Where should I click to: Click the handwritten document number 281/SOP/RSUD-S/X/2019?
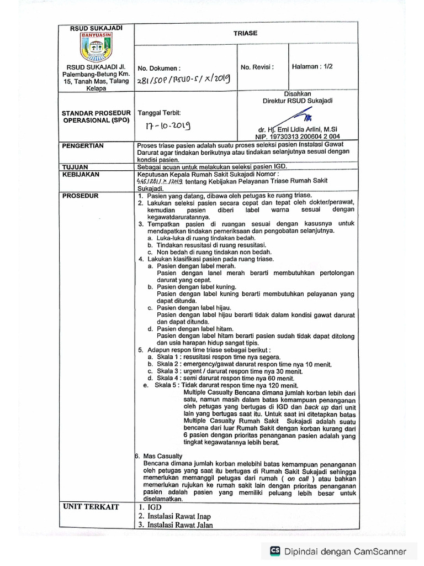tap(182, 80)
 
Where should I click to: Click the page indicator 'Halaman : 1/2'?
tap(312, 66)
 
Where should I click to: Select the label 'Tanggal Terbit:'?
tap(159, 112)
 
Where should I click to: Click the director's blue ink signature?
tap(301, 117)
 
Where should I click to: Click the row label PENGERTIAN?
tap(83, 145)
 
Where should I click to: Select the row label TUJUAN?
tap(76, 166)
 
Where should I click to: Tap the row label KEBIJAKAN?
tap(81, 174)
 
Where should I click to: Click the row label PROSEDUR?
tap(80, 196)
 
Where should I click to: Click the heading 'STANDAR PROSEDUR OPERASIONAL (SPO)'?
tap(96, 116)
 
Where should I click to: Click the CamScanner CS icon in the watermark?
tap(274, 551)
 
